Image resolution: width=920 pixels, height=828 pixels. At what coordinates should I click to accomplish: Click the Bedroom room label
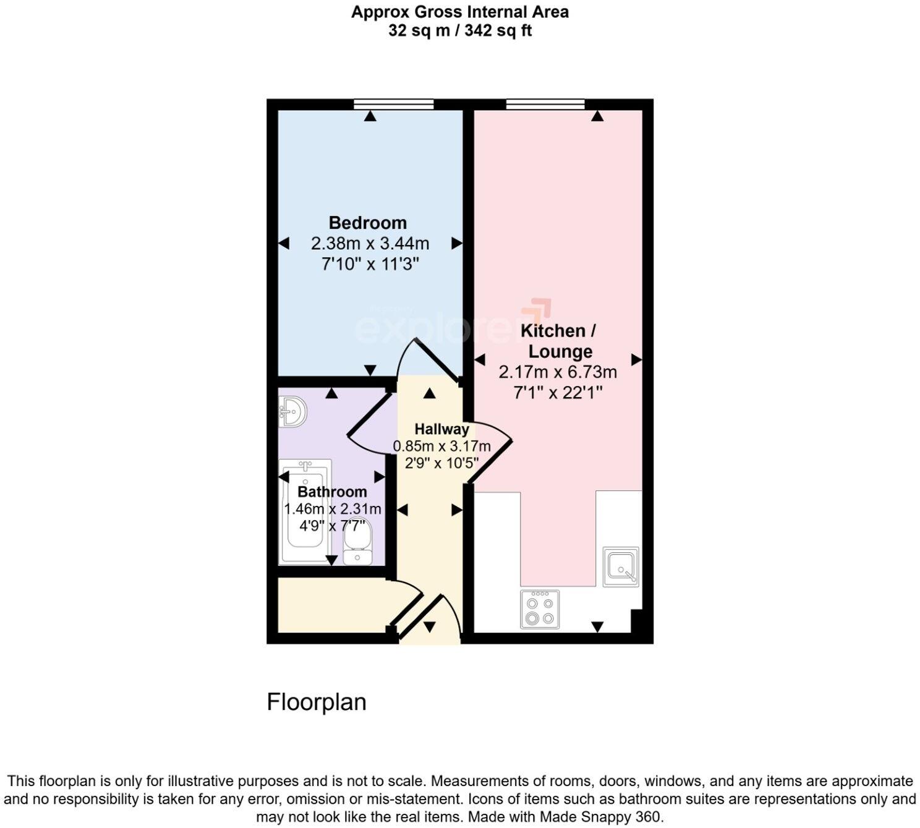pos(367,223)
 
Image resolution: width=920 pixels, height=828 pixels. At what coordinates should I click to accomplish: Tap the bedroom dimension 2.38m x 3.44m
pos(370,244)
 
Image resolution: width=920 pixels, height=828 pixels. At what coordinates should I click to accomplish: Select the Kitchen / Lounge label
pos(558,341)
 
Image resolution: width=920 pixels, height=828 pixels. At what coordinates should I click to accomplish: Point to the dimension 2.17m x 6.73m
pos(558,372)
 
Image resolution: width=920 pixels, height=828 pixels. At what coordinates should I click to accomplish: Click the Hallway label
pos(441,429)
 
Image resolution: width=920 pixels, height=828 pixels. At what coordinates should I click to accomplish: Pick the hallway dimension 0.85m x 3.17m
pos(441,446)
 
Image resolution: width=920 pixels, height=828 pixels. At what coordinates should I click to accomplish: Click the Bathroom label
pos(332,492)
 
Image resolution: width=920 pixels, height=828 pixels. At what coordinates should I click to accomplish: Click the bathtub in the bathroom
pos(304,512)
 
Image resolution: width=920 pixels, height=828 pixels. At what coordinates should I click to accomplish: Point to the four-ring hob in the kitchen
pos(540,609)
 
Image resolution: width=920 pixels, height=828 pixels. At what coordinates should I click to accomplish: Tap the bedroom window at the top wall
pos(393,105)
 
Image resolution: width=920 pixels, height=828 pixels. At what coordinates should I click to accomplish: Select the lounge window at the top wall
pos(545,105)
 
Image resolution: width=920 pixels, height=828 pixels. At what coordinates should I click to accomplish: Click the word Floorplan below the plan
pos(316,702)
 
